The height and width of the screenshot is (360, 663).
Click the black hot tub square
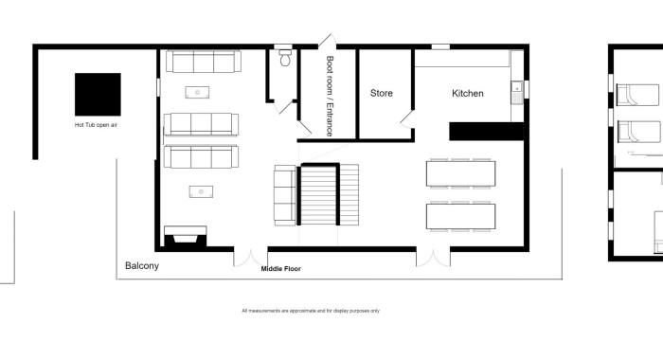(98, 95)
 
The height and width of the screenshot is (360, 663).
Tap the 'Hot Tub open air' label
(96, 125)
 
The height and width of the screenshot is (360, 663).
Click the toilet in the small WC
(285, 59)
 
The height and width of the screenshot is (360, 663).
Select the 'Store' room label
(382, 93)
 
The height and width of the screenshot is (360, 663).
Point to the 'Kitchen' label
(468, 93)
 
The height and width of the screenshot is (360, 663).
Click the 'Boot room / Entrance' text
(330, 96)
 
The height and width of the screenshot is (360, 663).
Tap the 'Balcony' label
(142, 265)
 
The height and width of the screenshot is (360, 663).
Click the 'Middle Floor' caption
(280, 269)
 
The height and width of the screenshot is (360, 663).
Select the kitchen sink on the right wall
(517, 93)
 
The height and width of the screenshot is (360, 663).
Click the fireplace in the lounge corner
(186, 237)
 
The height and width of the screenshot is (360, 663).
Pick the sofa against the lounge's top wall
(204, 62)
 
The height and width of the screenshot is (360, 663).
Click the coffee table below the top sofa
(197, 92)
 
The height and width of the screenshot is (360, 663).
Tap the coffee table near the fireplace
(201, 191)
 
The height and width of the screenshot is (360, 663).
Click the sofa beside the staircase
(285, 195)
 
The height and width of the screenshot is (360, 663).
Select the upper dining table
(461, 173)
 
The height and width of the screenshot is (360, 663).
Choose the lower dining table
(461, 217)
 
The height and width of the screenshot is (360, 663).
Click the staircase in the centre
(328, 194)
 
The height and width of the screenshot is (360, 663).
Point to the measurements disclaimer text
(311, 311)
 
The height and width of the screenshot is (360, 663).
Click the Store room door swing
(406, 119)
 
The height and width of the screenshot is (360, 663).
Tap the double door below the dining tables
(434, 258)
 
